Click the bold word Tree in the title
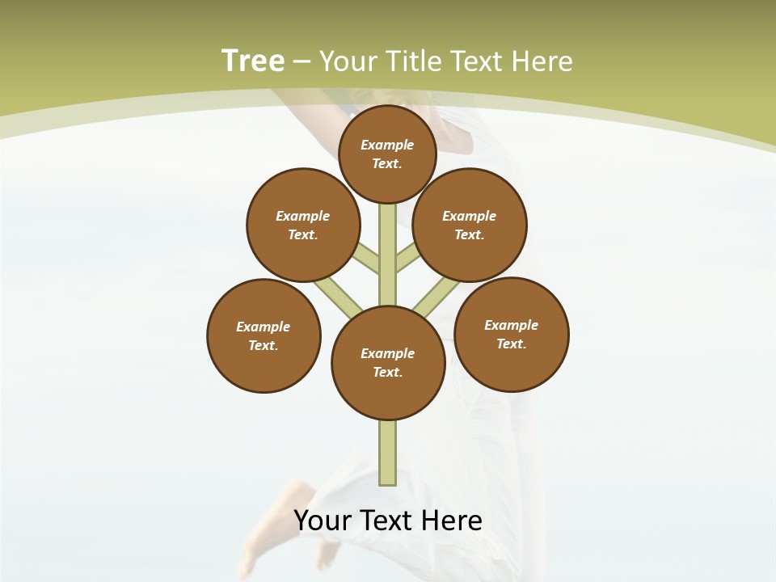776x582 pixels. [x=253, y=61]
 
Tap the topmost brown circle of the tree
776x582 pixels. [x=387, y=154]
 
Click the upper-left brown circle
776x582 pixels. [x=303, y=225]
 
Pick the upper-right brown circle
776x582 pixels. [x=470, y=225]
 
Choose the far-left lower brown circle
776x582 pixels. [x=264, y=335]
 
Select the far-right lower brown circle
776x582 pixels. [x=512, y=334]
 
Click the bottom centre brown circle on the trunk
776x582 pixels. [x=388, y=363]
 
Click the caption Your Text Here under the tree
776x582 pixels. [x=388, y=521]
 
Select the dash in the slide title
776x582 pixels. [x=302, y=61]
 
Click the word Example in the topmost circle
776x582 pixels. [x=387, y=145]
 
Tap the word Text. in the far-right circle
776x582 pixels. [x=512, y=344]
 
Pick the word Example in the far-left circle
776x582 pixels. [x=264, y=327]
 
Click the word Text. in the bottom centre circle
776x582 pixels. [x=388, y=372]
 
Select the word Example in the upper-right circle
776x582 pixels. [x=470, y=216]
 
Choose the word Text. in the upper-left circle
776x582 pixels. [x=303, y=234]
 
